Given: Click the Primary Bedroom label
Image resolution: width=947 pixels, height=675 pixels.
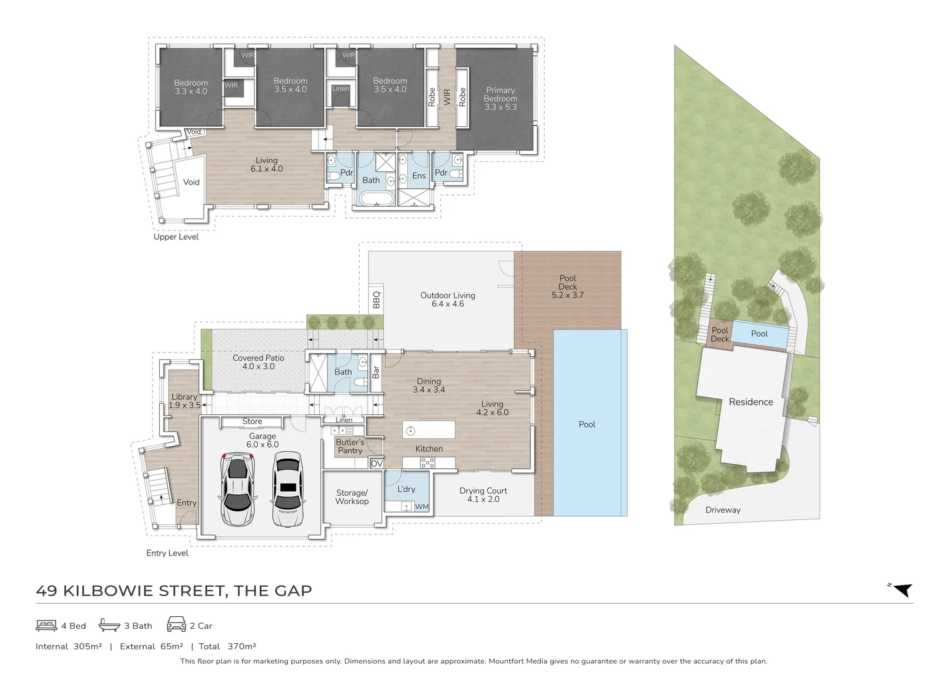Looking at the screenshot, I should click(x=500, y=99).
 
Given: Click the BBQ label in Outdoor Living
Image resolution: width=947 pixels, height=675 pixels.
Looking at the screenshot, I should click(x=376, y=300).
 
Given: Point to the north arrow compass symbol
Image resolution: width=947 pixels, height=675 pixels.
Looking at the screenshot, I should click(x=901, y=589).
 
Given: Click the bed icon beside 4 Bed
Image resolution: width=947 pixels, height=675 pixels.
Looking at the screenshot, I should click(x=46, y=625).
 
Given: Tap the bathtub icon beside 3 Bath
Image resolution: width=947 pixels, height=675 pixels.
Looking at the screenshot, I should click(x=109, y=625).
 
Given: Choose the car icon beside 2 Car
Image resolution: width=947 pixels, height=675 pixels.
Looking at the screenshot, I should click(x=176, y=624).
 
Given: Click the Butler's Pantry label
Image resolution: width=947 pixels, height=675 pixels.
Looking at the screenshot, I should click(x=350, y=446).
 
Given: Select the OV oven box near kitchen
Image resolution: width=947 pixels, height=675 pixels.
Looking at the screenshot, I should click(x=376, y=464).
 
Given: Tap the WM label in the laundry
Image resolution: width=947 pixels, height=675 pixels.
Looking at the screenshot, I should click(x=422, y=507).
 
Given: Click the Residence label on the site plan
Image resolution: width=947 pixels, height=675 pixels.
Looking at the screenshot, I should click(x=751, y=402).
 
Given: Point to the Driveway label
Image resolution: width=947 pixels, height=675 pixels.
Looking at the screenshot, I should click(x=723, y=510).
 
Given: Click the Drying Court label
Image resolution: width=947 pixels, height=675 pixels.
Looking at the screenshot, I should click(x=483, y=495).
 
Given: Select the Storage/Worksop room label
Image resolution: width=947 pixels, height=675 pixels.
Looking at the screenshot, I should click(x=352, y=497).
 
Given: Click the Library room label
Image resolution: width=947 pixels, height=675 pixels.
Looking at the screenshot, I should click(x=184, y=401).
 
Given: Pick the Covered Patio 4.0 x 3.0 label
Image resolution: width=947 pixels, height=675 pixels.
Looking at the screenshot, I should click(x=258, y=362).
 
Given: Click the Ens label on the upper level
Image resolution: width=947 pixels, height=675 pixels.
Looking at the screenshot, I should click(x=419, y=176).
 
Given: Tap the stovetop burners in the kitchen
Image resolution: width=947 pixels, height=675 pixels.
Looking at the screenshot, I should click(x=427, y=463).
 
